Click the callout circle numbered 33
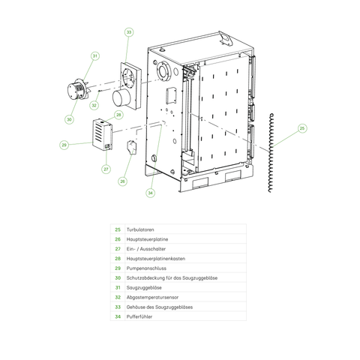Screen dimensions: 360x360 129,32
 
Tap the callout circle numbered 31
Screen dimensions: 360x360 95,56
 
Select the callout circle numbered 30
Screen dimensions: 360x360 69,118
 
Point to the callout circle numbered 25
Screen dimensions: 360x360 302,128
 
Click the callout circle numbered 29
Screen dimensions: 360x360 64,145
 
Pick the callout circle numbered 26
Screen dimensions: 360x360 122,181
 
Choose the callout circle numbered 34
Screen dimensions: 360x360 151,193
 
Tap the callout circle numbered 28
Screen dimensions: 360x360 118,115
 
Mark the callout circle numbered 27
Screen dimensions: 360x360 106,169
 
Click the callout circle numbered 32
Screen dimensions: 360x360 94,106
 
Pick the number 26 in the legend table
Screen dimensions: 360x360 117,239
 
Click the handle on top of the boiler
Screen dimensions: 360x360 223,35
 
